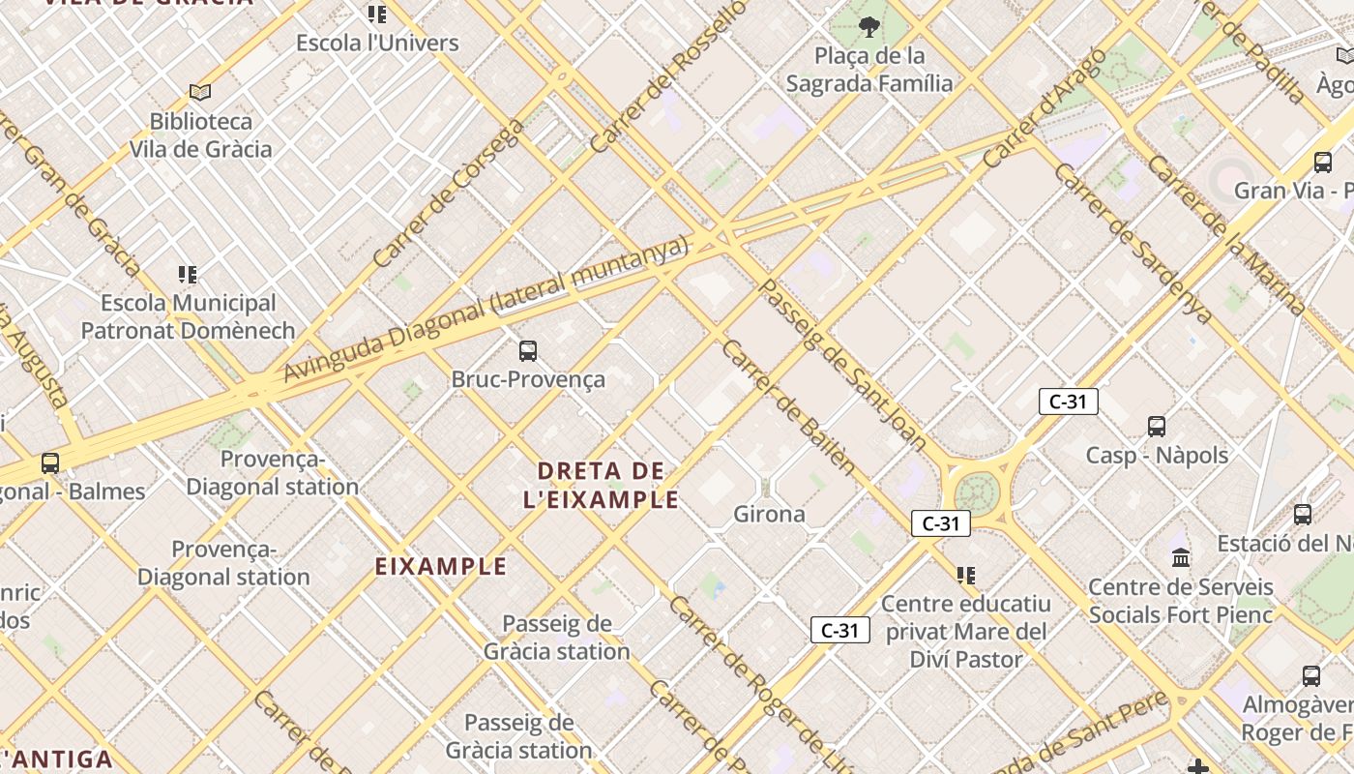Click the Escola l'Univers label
tap(377, 43)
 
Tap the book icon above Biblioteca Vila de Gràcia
tap(200, 92)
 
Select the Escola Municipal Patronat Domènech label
tap(188, 316)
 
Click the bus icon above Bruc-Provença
tap(528, 350)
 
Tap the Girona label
tap(769, 514)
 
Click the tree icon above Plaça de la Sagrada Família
tap(868, 27)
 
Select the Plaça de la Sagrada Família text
tap(868, 70)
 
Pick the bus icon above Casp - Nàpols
tap(1156, 426)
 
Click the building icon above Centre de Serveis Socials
tap(1181, 557)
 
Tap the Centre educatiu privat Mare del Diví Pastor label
tap(965, 632)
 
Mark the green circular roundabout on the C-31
tap(977, 491)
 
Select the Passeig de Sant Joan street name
tap(843, 366)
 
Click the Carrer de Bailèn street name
tap(788, 407)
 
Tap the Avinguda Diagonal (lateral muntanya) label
tap(486, 310)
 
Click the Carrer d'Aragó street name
tap(1045, 108)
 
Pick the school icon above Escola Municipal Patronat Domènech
tap(188, 275)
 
